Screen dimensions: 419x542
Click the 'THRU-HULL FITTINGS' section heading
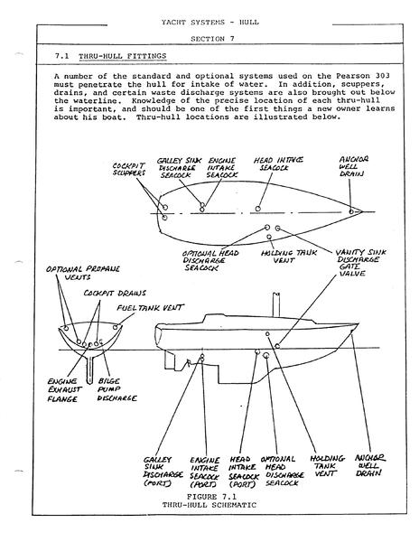[x=122, y=56]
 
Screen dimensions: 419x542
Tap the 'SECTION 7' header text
[x=212, y=39]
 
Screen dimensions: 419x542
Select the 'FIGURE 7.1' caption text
[x=211, y=497]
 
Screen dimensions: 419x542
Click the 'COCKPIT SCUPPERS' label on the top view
[x=129, y=170]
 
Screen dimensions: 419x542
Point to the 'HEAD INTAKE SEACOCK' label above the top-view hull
[x=278, y=164]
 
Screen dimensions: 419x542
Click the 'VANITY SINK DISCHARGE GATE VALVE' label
[x=360, y=263]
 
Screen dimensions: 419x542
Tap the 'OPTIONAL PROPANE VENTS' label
[x=83, y=273]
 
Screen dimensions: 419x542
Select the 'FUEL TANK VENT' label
[x=150, y=307]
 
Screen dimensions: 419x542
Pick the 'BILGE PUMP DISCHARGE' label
[x=116, y=390]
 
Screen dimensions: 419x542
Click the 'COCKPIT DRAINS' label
[x=115, y=293]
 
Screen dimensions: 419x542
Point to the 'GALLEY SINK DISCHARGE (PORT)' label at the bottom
[x=163, y=472]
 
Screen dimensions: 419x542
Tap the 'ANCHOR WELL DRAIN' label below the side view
[x=370, y=466]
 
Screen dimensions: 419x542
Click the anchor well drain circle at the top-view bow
[x=351, y=211]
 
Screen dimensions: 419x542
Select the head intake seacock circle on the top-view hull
[x=257, y=209]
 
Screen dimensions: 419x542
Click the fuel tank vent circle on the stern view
[x=116, y=327]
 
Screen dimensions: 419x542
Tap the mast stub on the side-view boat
[x=275, y=305]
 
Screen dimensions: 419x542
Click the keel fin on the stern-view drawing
[x=89, y=369]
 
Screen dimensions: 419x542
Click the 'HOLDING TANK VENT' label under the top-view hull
[x=289, y=257]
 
